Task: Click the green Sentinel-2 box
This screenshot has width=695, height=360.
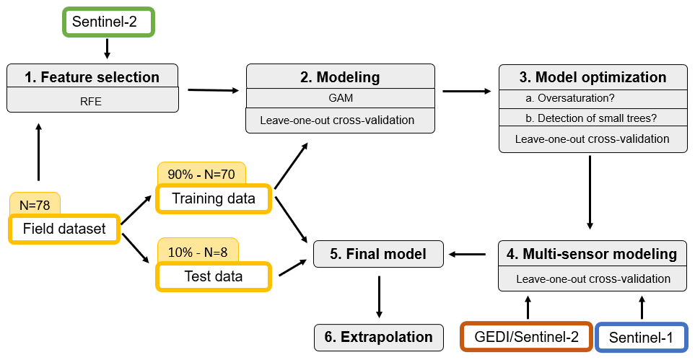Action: click(108, 22)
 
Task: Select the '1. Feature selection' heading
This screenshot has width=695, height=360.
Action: click(92, 76)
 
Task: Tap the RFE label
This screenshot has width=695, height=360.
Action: click(91, 102)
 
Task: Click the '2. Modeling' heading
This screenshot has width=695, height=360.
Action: click(341, 76)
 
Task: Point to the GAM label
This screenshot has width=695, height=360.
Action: click(341, 98)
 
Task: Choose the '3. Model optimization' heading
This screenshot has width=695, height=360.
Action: click(593, 76)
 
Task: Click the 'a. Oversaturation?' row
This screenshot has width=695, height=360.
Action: click(593, 98)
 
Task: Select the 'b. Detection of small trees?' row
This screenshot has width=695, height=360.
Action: click(593, 118)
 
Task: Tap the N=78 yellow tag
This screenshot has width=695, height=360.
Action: click(35, 204)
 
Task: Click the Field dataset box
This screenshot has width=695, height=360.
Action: click(64, 229)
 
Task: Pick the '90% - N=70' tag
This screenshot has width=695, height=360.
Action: click(201, 174)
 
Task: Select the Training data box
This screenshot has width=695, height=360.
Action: click(213, 198)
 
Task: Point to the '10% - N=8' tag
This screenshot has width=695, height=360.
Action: click(198, 252)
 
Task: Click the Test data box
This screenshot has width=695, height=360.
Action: click(213, 276)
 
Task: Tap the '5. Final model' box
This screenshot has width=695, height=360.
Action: click(378, 254)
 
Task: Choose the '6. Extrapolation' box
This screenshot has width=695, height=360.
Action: click(378, 338)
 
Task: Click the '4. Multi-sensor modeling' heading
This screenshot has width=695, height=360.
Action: click(593, 254)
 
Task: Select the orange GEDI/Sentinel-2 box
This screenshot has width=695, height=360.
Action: click(527, 337)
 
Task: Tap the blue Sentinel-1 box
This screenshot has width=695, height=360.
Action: click(641, 338)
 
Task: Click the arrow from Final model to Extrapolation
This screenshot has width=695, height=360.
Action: click(379, 297)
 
